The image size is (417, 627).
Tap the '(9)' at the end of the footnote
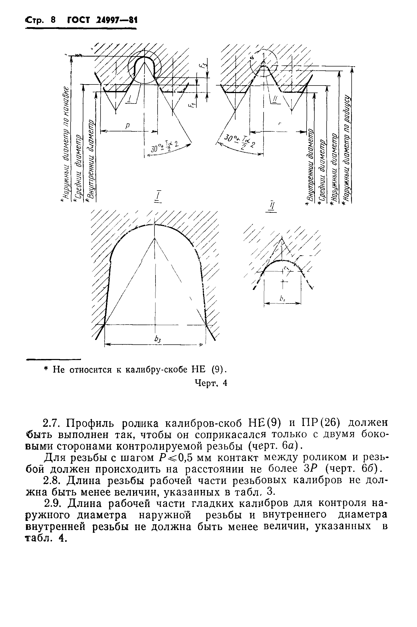(x=219, y=370)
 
